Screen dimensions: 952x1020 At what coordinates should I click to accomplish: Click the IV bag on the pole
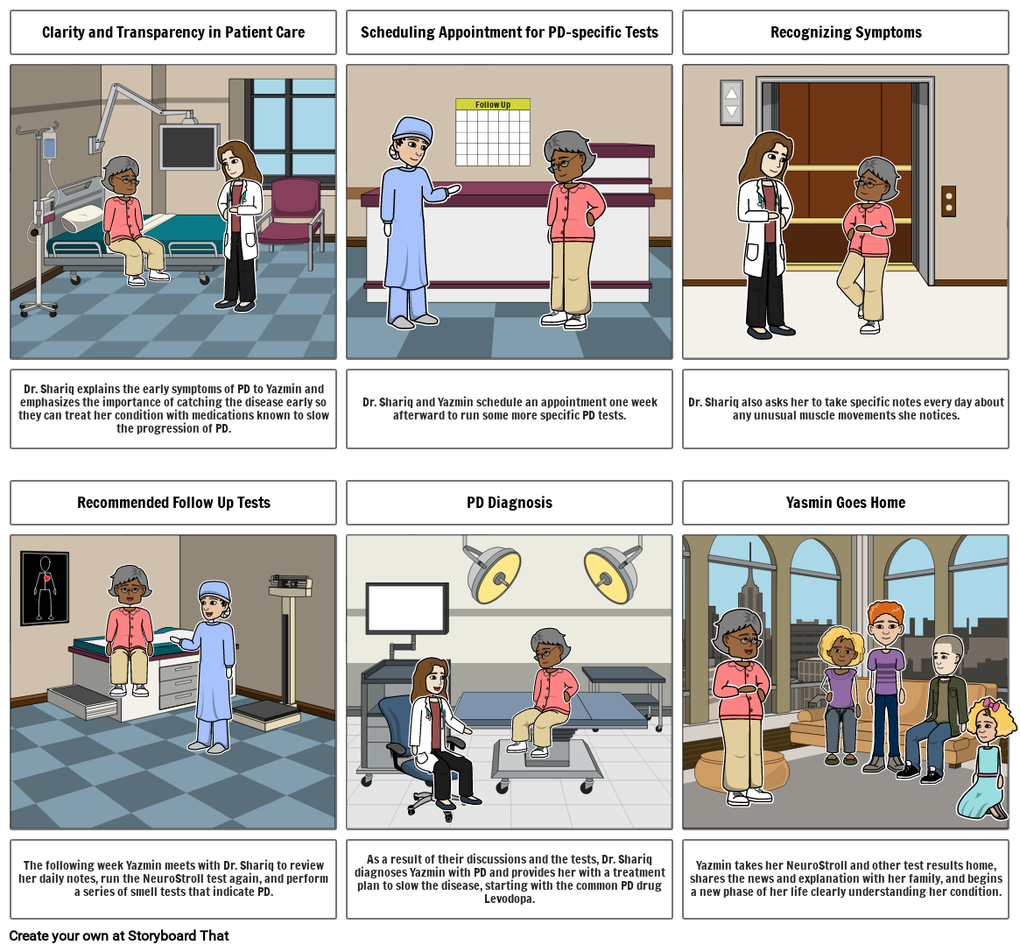[x=50, y=146]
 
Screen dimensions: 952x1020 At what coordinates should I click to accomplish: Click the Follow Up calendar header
[x=493, y=104]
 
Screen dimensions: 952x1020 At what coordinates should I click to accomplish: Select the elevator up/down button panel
[x=731, y=102]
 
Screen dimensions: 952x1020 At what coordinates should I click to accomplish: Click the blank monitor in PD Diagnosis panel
[x=406, y=608]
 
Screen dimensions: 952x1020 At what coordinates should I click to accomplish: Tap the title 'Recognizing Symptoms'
[x=846, y=32]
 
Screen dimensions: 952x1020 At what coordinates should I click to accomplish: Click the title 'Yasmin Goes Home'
[x=846, y=503]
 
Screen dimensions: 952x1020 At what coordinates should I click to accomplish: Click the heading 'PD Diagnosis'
[x=509, y=503]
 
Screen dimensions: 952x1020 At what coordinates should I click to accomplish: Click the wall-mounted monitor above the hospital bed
[x=187, y=146]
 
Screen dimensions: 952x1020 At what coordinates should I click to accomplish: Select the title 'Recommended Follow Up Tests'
[x=173, y=503]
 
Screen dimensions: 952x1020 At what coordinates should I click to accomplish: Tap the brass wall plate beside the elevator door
[x=947, y=201]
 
